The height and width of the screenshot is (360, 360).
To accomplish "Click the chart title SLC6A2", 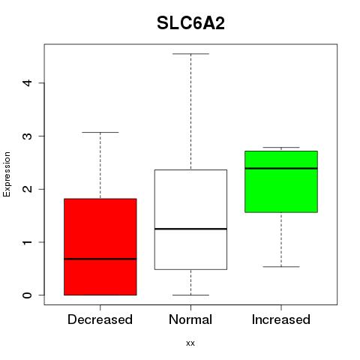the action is (x=190, y=23).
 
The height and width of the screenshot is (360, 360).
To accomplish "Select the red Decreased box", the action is (x=100, y=247).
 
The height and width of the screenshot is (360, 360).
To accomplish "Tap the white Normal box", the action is (x=190, y=220).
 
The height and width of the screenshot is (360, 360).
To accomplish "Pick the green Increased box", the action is (x=281, y=181).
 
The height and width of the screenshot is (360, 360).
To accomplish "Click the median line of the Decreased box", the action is (x=100, y=259).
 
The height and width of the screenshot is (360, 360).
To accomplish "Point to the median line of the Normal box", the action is (x=190, y=229).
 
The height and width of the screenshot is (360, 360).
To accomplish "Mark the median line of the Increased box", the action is (x=281, y=168).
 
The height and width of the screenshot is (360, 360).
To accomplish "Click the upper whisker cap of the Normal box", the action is (x=190, y=54).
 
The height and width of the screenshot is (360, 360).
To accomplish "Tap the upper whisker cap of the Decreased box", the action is (x=100, y=132).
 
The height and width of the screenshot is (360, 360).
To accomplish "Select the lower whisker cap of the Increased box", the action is (x=281, y=267).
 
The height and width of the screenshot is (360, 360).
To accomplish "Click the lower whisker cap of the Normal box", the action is (x=190, y=295).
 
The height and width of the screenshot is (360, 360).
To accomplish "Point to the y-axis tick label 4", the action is (x=28, y=82).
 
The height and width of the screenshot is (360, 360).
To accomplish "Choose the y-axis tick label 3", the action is (x=28, y=136).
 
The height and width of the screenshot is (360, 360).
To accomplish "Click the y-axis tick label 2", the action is (x=28, y=189).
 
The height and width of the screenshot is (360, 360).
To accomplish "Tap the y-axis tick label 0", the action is (x=28, y=295).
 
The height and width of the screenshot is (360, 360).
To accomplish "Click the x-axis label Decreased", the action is (x=100, y=319).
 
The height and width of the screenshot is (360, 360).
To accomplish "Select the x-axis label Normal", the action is (x=190, y=319).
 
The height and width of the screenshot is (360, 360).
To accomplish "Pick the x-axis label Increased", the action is (x=281, y=319).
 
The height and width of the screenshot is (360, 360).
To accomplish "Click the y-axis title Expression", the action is (x=7, y=174).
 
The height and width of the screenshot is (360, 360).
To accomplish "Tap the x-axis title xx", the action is (x=190, y=343).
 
